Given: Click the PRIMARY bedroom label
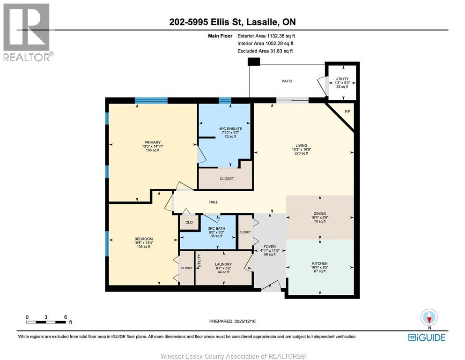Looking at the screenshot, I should (152, 142).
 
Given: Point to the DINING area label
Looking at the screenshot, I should (319, 214).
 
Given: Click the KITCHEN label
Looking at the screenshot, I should (319, 263).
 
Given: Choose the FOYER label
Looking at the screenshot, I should (269, 247).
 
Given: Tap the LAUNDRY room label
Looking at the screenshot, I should (223, 264).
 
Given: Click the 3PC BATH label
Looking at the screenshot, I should (217, 228).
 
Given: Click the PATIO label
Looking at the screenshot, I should (287, 81).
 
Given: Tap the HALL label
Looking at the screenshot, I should (214, 202).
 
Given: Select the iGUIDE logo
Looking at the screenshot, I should (426, 337).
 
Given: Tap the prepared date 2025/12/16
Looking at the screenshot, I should (233, 321).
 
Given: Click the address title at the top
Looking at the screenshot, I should (232, 22).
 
